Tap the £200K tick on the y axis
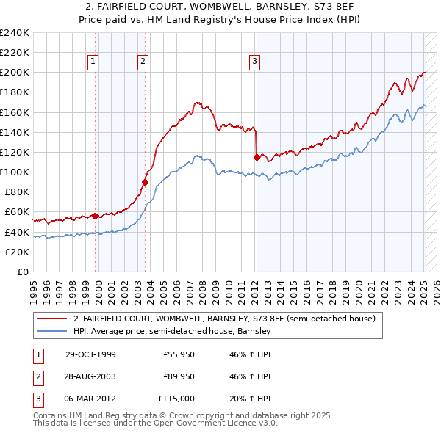15,73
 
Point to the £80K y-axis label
16,192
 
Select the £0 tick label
24,272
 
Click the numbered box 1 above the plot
94,62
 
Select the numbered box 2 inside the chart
143,62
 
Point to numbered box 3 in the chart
254,62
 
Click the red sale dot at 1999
96,216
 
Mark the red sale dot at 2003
145,182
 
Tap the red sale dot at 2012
256,157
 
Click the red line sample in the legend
51,319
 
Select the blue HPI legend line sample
51,331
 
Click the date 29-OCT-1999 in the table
90,355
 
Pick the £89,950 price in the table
178,376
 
